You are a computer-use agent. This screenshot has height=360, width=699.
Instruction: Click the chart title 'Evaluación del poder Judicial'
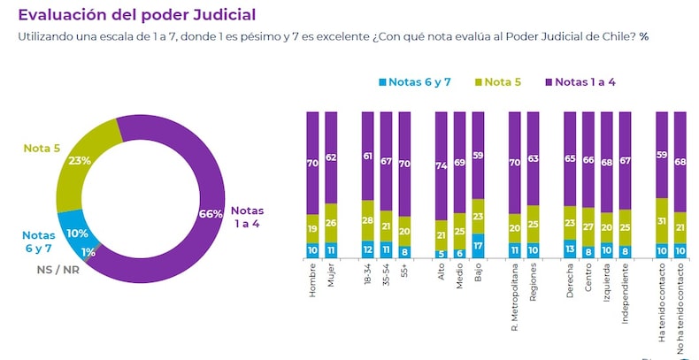[137, 15]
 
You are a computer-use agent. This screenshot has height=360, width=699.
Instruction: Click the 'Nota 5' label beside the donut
[42, 149]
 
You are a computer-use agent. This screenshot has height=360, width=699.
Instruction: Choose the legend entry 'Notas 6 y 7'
[416, 82]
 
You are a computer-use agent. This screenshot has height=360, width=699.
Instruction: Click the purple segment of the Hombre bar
[311, 164]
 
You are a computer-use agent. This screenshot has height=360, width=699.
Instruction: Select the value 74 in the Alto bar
[442, 165]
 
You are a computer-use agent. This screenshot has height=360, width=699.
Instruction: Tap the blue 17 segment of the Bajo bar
[479, 245]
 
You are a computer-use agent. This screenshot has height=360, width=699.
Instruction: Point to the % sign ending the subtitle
[644, 36]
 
